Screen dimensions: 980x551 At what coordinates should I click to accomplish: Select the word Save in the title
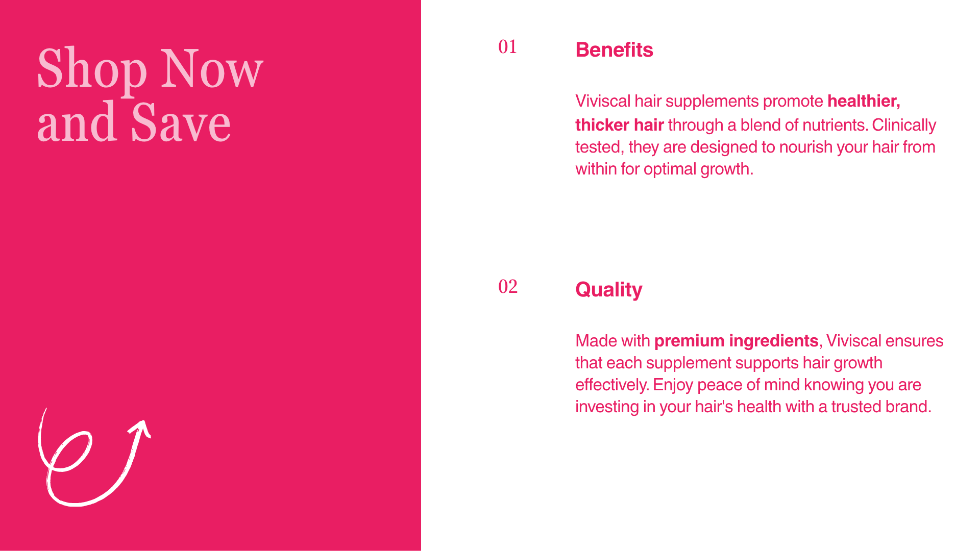(181, 122)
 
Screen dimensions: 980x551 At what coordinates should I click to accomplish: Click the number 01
(508, 47)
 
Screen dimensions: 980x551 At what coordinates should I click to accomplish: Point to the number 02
(508, 287)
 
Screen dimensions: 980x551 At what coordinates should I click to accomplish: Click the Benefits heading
(614, 50)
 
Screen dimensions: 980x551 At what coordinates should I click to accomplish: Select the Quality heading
(608, 290)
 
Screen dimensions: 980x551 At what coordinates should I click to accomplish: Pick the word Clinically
(904, 125)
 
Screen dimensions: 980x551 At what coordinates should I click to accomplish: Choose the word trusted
(856, 407)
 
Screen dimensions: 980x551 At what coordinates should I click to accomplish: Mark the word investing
(607, 407)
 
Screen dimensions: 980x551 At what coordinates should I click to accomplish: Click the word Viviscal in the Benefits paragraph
(603, 101)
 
